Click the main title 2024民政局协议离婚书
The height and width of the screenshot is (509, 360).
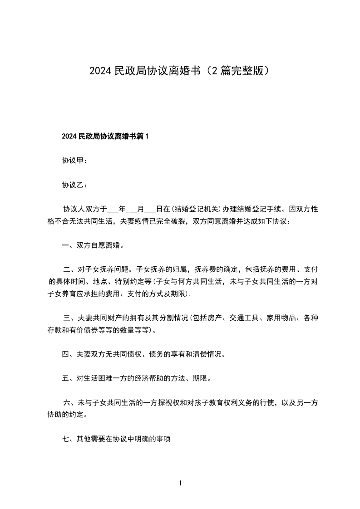pos(144,71)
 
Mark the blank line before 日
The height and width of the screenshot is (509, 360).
pos(150,210)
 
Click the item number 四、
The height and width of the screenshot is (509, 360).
pos(67,354)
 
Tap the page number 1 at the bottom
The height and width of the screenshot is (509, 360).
pos(180,483)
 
